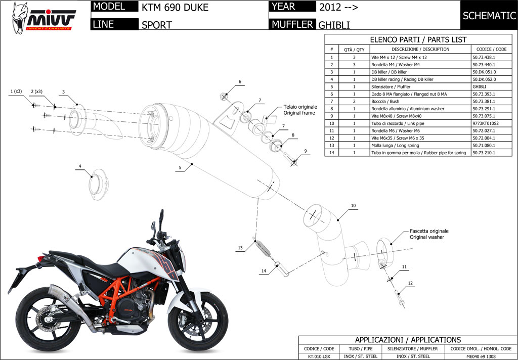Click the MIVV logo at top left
tap(44, 17)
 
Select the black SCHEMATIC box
tap(489, 16)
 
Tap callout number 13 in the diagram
tap(240, 248)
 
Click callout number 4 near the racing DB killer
tap(79, 166)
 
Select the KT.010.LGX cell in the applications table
tap(319, 356)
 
